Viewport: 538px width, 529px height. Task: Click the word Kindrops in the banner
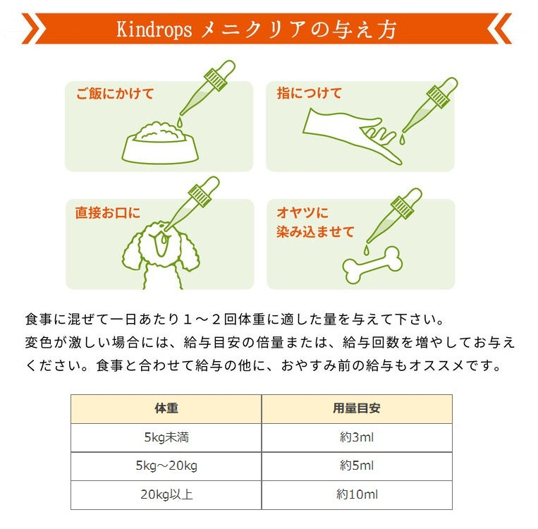(x=154, y=30)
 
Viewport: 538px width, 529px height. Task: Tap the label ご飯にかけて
(x=115, y=94)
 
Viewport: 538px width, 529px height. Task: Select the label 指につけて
(x=310, y=93)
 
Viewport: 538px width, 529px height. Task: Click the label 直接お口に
(x=108, y=213)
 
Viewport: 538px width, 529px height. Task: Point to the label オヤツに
(x=302, y=213)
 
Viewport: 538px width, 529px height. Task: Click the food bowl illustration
(x=160, y=143)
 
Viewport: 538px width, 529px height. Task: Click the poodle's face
(x=159, y=241)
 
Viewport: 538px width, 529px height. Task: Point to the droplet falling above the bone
(x=367, y=250)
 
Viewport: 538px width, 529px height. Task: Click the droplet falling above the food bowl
(x=180, y=121)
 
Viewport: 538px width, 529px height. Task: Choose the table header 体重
(x=166, y=408)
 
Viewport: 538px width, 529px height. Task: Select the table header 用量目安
(x=357, y=408)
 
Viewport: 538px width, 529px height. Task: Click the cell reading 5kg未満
(x=166, y=437)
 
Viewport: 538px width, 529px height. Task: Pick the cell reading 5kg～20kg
(x=166, y=466)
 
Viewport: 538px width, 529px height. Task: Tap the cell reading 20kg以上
(x=166, y=494)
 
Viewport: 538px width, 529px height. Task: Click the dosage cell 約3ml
(x=357, y=437)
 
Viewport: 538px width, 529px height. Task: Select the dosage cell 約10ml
(x=357, y=494)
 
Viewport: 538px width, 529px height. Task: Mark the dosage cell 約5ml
(x=357, y=466)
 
